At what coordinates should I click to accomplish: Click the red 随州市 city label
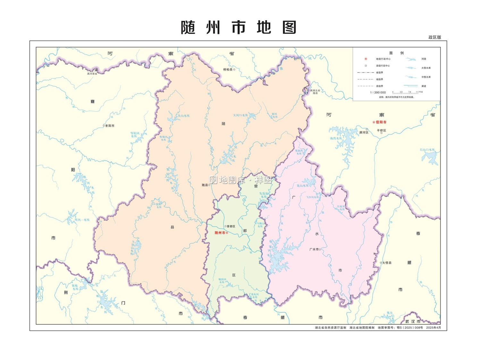pyautogui.click(x=220, y=233)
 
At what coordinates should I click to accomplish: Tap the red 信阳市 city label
pyautogui.click(x=381, y=122)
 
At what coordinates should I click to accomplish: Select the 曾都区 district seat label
pyautogui.click(x=231, y=227)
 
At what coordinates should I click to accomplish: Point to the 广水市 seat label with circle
pyautogui.click(x=314, y=249)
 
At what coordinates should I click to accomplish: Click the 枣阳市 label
pyautogui.click(x=110, y=126)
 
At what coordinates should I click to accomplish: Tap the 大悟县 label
pyautogui.click(x=387, y=263)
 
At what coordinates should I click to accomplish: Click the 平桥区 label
pyautogui.click(x=382, y=131)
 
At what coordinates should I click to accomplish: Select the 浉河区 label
pyautogui.click(x=364, y=133)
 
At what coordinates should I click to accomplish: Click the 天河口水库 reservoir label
pyautogui.click(x=240, y=115)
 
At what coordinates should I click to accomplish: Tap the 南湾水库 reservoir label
pyautogui.click(x=336, y=139)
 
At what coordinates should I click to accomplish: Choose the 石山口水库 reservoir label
pyautogui.click(x=427, y=150)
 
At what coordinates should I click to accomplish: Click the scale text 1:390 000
pyautogui.click(x=378, y=92)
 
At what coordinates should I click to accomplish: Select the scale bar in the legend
pyautogui.click(x=405, y=93)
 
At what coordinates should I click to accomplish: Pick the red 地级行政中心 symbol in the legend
pyautogui.click(x=366, y=59)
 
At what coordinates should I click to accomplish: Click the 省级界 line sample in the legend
pyautogui.click(x=366, y=73)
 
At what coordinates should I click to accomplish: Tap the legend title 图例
pyautogui.click(x=396, y=53)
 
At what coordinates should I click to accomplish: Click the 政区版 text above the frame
pyautogui.click(x=435, y=37)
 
